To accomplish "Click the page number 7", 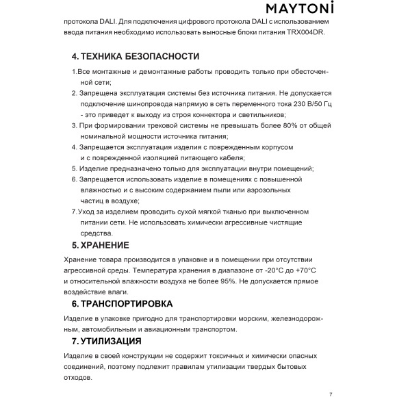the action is click(x=330, y=394).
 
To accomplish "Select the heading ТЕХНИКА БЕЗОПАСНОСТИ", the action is click(x=140, y=56).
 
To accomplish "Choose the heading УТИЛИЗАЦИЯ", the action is click(x=111, y=341).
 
